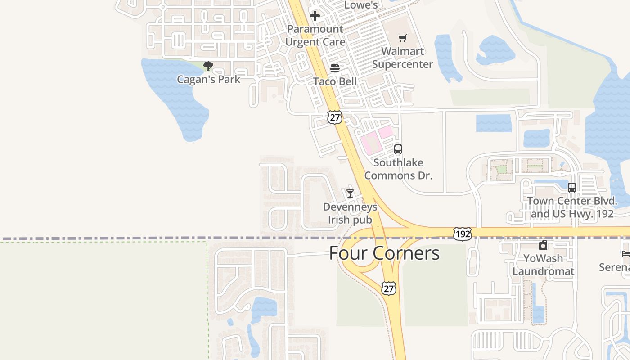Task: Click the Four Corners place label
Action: [384, 253]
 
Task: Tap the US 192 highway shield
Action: [463, 234]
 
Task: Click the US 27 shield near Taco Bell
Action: [334, 117]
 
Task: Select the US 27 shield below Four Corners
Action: [389, 288]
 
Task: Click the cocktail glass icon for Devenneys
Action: [350, 193]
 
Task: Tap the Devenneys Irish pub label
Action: [350, 213]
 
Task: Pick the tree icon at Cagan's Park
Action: [208, 67]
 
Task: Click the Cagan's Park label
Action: [208, 80]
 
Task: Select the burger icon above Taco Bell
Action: [335, 68]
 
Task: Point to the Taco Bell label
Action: [335, 81]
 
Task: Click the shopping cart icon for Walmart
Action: [402, 38]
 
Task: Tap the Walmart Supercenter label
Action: [402, 58]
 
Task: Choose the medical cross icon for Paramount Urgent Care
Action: [315, 16]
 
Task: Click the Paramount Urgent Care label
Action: [315, 36]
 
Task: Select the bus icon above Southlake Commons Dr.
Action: [398, 149]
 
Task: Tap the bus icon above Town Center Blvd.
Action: [572, 188]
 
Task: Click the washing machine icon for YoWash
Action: [543, 246]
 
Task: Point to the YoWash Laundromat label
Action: [543, 265]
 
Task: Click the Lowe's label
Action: [361, 5]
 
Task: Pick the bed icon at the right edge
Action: [625, 254]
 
